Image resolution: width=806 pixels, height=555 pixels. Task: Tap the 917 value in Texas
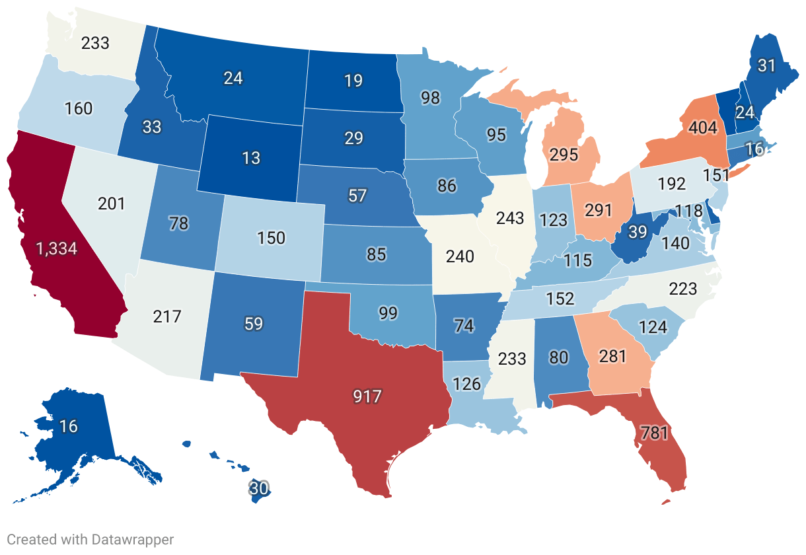[x=368, y=396]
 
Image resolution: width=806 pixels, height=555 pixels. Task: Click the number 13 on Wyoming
[x=251, y=158]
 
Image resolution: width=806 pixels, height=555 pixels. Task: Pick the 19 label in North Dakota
[x=353, y=81]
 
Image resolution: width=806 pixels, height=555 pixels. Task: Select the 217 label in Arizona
[x=166, y=316]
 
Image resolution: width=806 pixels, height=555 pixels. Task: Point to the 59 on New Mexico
[x=254, y=324]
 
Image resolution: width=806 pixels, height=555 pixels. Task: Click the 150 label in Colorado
[x=272, y=237]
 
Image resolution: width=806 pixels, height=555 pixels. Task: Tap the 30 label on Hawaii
[x=259, y=489]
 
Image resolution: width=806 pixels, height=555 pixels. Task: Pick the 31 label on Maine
[x=766, y=66]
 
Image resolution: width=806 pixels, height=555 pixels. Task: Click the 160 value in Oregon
[x=79, y=108]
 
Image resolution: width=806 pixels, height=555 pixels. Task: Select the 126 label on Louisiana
[x=466, y=383]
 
